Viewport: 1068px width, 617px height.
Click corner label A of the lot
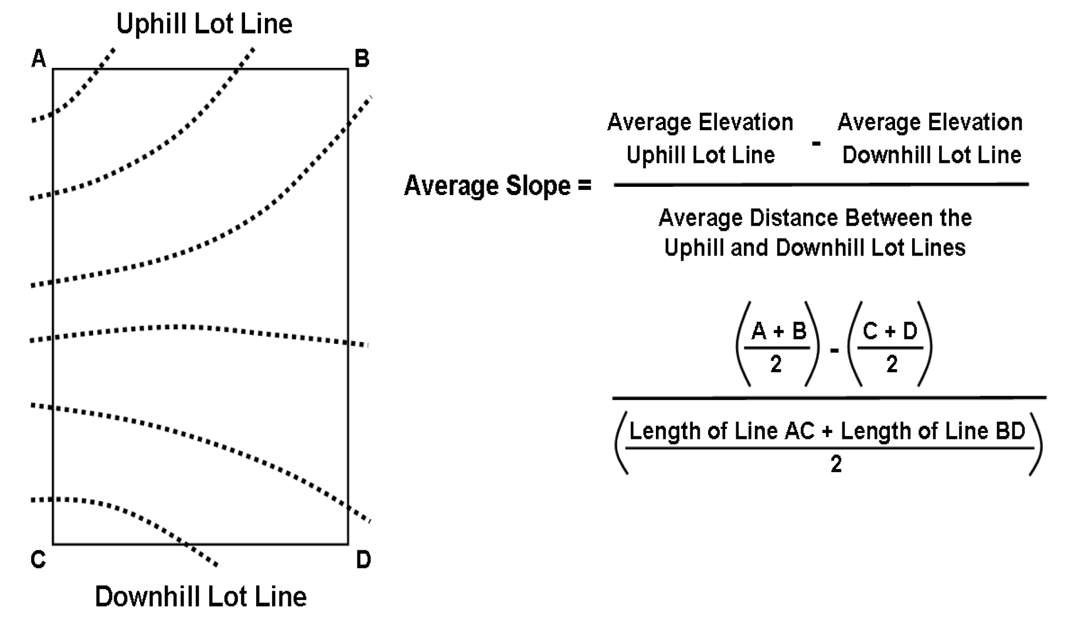[39, 59]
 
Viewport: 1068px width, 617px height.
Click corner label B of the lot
[362, 59]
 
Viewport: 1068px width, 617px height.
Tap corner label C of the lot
[38, 560]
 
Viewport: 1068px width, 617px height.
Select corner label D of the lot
[363, 560]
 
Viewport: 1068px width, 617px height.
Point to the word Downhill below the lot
[147, 596]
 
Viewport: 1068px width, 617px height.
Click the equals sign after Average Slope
[584, 186]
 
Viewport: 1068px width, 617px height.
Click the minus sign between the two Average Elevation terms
[815, 142]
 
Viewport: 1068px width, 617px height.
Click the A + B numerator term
[778, 332]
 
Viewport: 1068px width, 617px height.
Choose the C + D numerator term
[890, 332]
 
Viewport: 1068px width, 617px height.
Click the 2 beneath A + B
[776, 364]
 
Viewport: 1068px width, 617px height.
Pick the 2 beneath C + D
[892, 364]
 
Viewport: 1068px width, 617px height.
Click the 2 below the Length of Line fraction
[836, 464]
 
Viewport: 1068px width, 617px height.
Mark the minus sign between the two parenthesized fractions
[834, 350]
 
